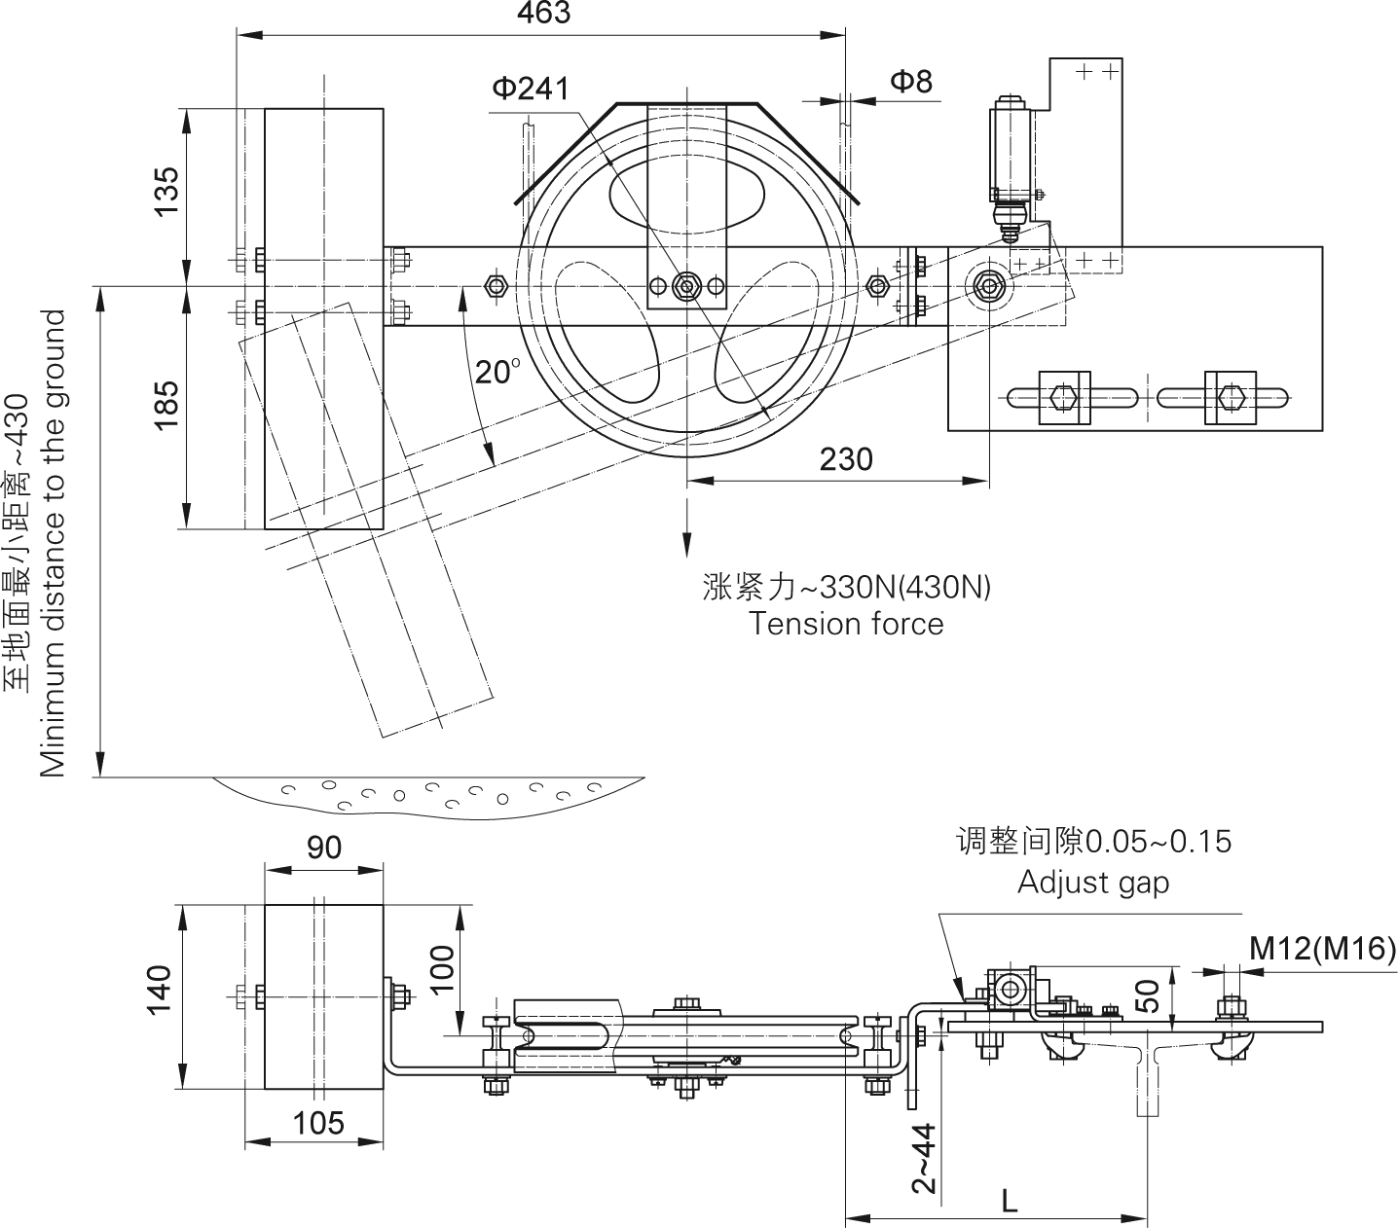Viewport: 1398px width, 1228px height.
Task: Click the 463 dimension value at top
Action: (543, 13)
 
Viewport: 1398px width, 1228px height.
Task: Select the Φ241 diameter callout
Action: (530, 88)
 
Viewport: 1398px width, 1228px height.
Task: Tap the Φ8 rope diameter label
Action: (911, 81)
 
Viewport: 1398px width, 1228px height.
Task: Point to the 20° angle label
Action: (498, 372)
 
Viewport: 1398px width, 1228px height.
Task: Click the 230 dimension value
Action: (845, 458)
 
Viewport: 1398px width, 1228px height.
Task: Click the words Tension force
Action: (846, 624)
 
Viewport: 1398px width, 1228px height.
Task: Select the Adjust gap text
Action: (1092, 882)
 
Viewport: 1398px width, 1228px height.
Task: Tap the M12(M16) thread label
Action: (1322, 948)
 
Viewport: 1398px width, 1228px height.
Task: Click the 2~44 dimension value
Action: (924, 1157)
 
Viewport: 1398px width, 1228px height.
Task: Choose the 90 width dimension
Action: (324, 848)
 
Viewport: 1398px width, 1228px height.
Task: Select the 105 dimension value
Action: (318, 1124)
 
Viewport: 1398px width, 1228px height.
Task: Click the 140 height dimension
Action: (160, 989)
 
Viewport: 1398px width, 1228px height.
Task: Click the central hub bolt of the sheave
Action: (686, 286)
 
